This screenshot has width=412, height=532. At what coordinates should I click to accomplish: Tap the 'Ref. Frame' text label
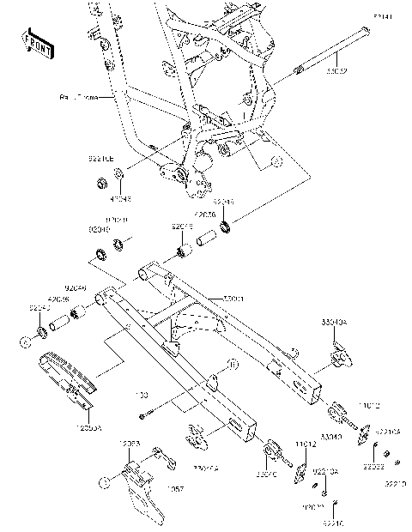76,99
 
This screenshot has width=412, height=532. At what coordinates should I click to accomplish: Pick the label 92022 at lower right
372,468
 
